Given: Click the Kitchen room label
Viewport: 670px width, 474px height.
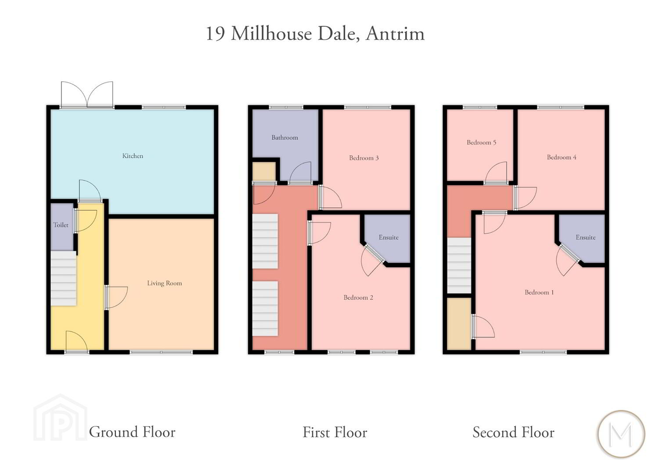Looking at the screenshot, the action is click(133, 156).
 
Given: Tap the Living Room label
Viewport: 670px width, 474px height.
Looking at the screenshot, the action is click(165, 283).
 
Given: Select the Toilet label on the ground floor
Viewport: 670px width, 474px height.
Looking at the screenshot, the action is click(61, 225).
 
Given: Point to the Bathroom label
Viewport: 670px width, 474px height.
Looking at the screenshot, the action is click(285, 137).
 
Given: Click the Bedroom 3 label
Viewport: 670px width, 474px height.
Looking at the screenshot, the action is click(364, 158).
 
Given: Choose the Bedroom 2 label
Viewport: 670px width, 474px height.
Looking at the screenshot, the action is click(358, 298).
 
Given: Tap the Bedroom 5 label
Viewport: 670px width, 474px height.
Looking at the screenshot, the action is click(482, 142).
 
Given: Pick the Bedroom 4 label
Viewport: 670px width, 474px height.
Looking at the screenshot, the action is click(562, 157).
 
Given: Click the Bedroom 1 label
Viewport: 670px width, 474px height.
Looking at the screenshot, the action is click(539, 292).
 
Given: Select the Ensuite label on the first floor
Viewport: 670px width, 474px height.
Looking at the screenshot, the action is click(389, 237).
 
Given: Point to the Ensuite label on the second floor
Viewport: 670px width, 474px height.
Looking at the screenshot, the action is click(586, 237).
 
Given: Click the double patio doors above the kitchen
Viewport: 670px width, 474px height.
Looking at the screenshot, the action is click(87, 94).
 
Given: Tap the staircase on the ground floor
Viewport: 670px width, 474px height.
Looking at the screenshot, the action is click(63, 278).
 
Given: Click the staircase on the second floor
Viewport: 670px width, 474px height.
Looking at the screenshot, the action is click(459, 266).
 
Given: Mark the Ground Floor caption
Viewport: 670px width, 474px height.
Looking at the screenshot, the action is click(132, 432).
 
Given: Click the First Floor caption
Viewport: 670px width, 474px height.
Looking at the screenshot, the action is click(335, 432).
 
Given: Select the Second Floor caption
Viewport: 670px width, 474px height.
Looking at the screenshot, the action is click(514, 432).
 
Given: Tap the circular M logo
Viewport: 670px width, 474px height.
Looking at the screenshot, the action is click(622, 434).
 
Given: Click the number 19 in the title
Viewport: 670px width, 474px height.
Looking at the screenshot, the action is click(215, 33).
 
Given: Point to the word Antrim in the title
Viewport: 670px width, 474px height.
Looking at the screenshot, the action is click(396, 33).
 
